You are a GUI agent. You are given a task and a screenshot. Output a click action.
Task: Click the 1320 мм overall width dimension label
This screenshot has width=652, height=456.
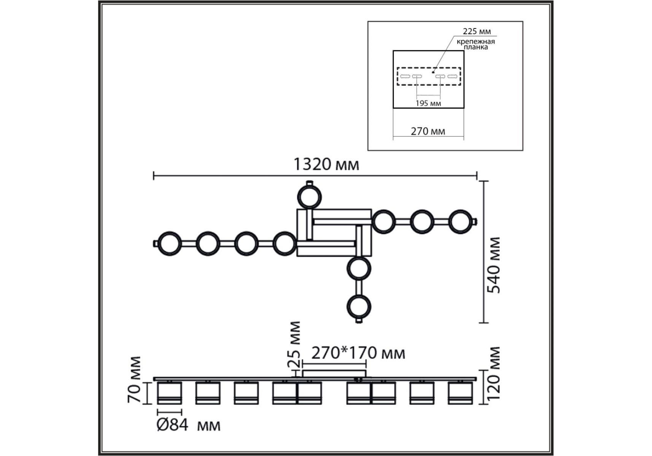click(x=326, y=165)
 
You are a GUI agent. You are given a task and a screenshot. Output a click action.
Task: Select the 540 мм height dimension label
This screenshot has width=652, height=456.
click(x=494, y=265)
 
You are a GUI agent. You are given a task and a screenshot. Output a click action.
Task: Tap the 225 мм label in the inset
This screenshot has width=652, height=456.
click(x=476, y=31)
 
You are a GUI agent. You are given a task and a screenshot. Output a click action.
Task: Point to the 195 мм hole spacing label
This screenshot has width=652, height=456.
click(x=428, y=103)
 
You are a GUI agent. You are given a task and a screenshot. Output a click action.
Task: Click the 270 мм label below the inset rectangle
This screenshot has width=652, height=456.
click(x=428, y=131)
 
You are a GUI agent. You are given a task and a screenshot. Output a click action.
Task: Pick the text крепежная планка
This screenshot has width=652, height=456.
click(x=476, y=44)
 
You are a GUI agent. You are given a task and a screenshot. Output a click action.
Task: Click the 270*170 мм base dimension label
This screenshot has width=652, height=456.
click(x=358, y=353)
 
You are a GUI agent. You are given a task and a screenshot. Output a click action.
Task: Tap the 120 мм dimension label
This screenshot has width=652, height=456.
click(x=494, y=374)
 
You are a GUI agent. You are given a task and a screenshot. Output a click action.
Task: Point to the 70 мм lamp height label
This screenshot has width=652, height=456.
click(x=134, y=379)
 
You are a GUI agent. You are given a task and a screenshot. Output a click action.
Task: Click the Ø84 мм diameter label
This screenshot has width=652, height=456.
click(x=189, y=425)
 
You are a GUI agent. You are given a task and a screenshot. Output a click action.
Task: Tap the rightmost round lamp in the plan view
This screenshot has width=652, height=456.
click(x=460, y=221)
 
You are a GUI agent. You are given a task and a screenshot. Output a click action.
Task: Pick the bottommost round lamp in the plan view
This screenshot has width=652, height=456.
click(x=359, y=306)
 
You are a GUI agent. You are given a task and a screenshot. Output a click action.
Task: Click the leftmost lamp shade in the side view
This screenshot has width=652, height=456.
click(x=169, y=393)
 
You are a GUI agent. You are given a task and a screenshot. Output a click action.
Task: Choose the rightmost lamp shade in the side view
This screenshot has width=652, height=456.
click(x=460, y=393)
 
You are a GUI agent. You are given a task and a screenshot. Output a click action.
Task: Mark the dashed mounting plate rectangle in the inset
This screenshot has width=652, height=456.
click(x=429, y=76)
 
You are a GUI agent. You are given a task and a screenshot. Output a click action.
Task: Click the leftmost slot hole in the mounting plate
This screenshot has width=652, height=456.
click(x=405, y=76)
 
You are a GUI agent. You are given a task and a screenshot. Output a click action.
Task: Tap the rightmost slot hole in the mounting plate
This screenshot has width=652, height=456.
click(x=452, y=76)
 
